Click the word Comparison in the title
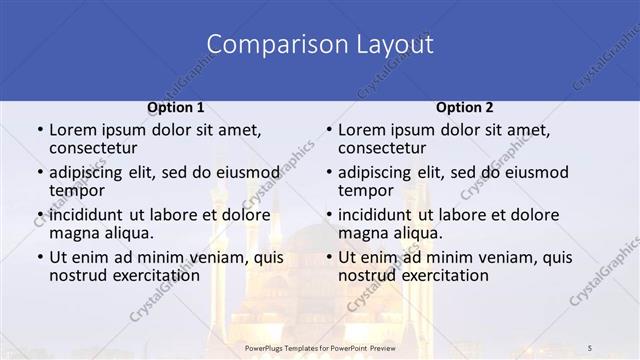[x=265, y=45]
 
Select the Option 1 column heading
[x=176, y=107]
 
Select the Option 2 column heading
[x=465, y=107]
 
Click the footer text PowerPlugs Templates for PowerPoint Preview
[x=319, y=347]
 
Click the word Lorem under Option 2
[x=361, y=130]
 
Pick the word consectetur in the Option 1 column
[x=96, y=150]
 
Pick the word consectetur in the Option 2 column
[x=385, y=150]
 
